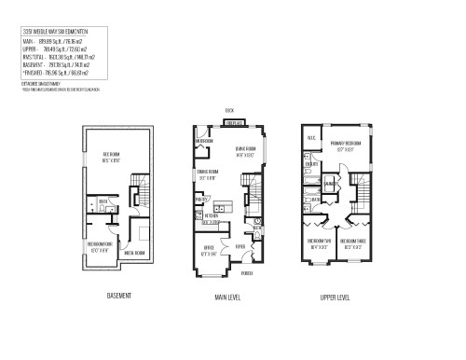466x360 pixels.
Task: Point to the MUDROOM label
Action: click(205, 143)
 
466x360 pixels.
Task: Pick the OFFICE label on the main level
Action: click(210, 247)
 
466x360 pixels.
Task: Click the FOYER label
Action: click(240, 247)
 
